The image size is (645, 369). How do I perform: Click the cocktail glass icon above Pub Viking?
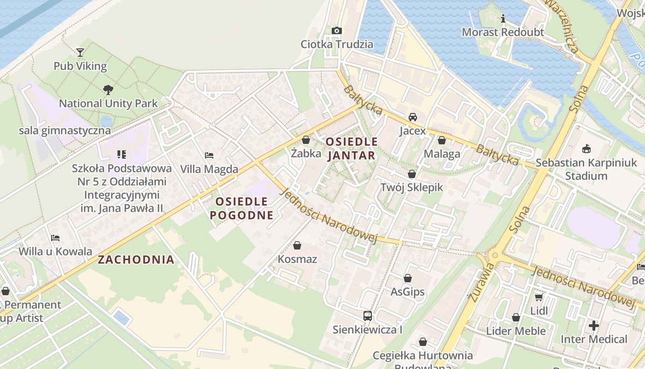pos(80,52)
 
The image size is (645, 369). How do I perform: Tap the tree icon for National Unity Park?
pos(108,89)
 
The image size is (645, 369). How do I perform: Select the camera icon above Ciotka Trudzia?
pos(337,31)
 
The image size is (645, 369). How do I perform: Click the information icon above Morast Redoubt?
pos(503,19)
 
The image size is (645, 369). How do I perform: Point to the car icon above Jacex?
pos(412,117)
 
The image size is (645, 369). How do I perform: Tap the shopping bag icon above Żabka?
pos(306,139)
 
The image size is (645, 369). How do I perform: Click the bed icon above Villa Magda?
pos(209,155)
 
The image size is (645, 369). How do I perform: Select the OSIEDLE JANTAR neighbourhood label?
pos(352,149)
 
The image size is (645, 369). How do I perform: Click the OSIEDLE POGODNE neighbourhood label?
pos(241,208)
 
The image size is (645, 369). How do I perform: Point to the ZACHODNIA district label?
pos(136,260)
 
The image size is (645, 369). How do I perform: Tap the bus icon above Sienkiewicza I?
pos(367,316)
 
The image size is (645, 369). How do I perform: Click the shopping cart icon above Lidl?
pos(539,297)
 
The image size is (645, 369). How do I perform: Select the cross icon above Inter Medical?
pos(593,326)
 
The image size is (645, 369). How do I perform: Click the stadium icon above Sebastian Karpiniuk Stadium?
pos(586,149)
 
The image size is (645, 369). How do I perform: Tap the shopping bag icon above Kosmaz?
pos(297,245)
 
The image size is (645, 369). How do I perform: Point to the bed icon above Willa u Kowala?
pos(55,238)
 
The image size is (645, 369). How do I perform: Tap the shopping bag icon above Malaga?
pos(442,140)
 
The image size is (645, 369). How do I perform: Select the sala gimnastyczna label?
pos(64,131)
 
